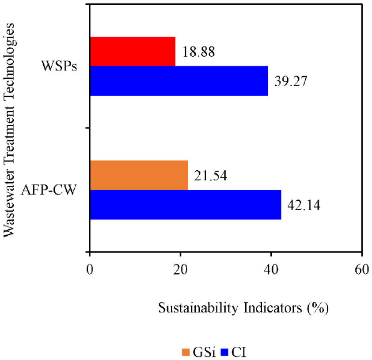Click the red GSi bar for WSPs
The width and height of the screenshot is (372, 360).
(133, 51)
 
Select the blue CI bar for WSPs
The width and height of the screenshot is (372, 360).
(179, 81)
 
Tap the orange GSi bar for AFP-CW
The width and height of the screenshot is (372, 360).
(139, 175)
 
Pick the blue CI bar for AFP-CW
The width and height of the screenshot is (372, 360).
(186, 205)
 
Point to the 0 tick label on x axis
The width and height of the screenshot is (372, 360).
(90, 269)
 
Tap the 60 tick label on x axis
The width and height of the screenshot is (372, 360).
(362, 269)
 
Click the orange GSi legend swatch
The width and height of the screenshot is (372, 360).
(186, 352)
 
